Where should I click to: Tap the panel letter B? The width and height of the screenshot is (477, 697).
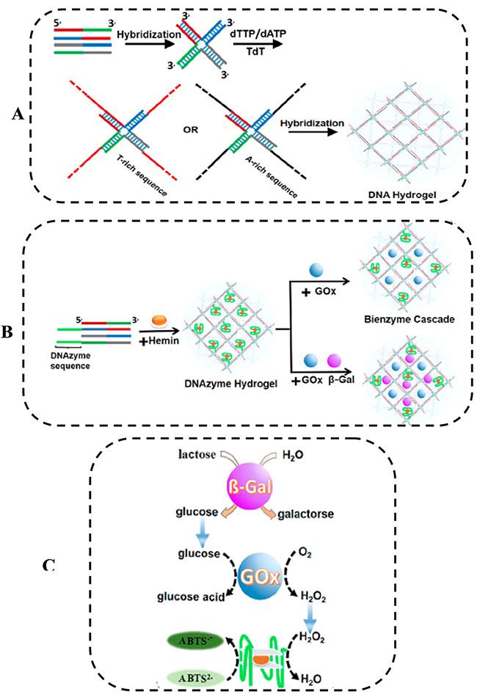pyautogui.click(x=9, y=332)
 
